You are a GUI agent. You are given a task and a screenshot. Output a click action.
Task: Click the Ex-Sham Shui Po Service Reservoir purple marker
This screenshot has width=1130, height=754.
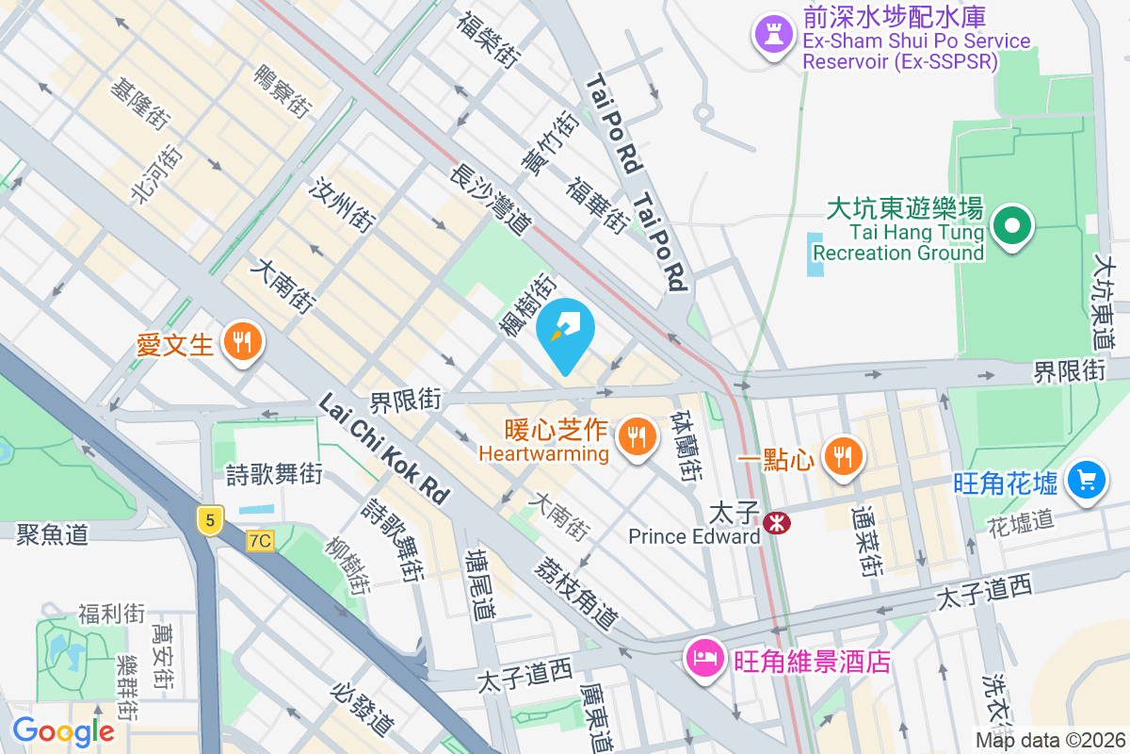click(x=773, y=36)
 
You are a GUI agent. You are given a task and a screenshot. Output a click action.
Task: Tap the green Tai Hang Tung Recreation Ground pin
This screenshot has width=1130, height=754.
click(x=1011, y=226)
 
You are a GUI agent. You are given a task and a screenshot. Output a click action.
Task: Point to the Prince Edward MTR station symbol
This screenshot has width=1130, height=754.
click(x=778, y=520)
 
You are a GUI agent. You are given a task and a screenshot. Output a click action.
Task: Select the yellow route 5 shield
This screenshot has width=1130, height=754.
click(x=209, y=518)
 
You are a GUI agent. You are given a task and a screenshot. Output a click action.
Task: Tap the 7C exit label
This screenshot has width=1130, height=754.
click(x=260, y=541)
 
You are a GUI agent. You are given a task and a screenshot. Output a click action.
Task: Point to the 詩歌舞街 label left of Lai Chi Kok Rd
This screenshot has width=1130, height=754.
click(x=275, y=473)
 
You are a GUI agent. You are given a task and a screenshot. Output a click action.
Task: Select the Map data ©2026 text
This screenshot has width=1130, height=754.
click(x=1049, y=740)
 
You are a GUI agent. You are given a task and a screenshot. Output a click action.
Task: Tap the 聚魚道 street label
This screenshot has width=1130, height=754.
click(x=52, y=535)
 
